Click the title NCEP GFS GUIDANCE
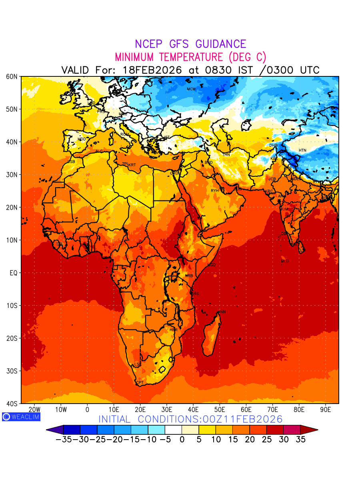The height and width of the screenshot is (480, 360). (x=190, y=44)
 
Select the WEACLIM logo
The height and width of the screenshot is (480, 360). (x=21, y=416)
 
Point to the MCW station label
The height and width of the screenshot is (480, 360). (x=191, y=89)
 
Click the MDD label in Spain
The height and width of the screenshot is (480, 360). (x=82, y=139)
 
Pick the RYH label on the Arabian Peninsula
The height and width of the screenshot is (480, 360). (x=215, y=191)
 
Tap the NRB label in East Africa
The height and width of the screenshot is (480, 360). (x=189, y=276)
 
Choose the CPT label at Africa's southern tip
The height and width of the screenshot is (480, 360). (x=140, y=383)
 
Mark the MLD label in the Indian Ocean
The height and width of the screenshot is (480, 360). (x=285, y=261)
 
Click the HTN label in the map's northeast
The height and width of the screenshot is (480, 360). (x=302, y=150)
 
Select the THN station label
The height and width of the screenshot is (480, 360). (x=226, y=154)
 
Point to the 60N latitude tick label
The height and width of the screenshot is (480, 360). (x=12, y=76)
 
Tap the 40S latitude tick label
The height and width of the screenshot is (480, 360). (x=12, y=404)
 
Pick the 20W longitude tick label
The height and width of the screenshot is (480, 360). (x=35, y=409)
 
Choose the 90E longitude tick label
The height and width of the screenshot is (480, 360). (x=326, y=409)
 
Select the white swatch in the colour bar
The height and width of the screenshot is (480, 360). (x=173, y=430)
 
